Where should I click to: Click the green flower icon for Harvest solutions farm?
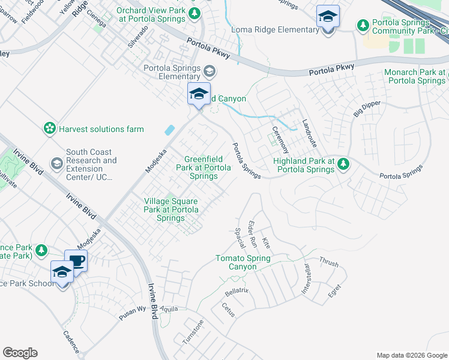point(49,128)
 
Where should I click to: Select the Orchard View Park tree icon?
point(194,13)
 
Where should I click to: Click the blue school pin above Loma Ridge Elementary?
point(328,17)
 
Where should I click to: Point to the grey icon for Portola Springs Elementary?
point(209,72)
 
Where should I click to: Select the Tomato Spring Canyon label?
point(243,262)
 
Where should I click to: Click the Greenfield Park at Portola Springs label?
point(206,167)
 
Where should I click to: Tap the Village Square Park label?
point(170,209)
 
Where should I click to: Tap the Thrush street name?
point(329,262)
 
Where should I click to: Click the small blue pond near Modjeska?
point(170,130)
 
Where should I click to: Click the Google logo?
point(20,353)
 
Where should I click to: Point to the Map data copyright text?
point(411,355)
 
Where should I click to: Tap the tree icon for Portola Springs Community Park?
point(363,25)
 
